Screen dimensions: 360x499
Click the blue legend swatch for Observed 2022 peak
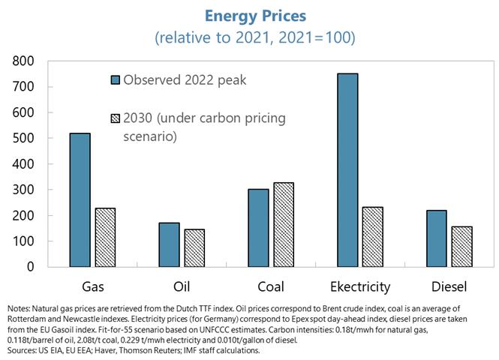(x=115, y=80)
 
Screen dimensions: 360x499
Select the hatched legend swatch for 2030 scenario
(x=115, y=118)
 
